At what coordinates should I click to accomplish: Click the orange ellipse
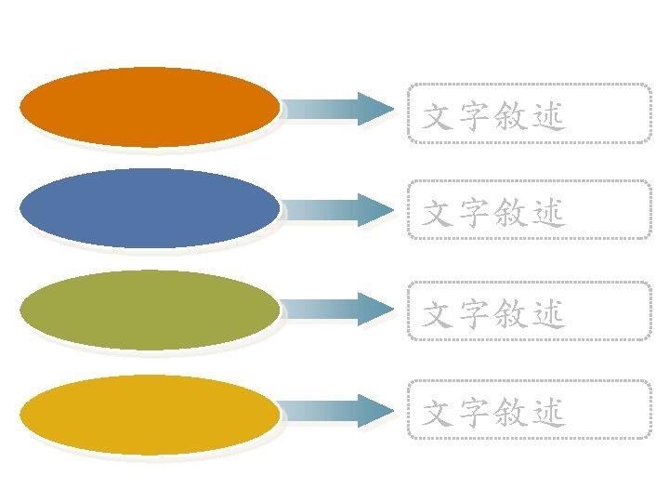point(150,107)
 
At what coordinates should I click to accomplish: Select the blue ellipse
point(150,207)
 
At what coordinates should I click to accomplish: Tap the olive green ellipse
point(150,309)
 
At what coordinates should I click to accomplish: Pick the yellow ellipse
point(150,414)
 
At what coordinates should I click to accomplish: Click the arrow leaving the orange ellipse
point(337,110)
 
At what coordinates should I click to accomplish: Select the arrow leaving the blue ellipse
point(337,210)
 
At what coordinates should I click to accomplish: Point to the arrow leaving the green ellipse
point(337,310)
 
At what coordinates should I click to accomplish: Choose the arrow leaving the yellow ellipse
point(337,411)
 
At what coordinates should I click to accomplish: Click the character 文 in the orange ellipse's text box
point(438,116)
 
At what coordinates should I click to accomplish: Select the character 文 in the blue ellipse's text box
point(438,215)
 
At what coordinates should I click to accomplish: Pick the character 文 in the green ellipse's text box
point(438,315)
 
